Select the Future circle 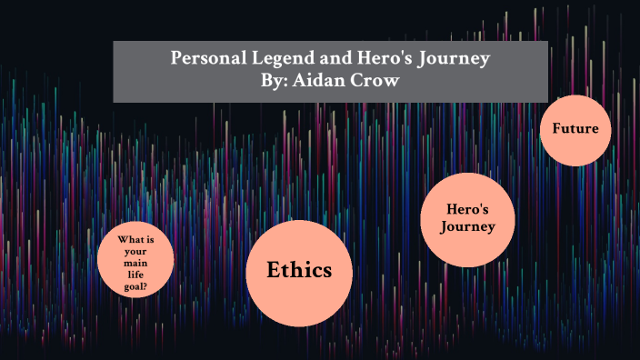(x=575, y=129)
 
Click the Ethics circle (x=299, y=271)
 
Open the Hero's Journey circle (x=468, y=219)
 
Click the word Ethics (x=299, y=270)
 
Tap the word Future (x=575, y=128)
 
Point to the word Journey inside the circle (x=468, y=227)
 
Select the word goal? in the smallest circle (x=136, y=282)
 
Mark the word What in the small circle (x=126, y=240)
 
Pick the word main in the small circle (x=135, y=261)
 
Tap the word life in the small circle (x=135, y=272)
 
